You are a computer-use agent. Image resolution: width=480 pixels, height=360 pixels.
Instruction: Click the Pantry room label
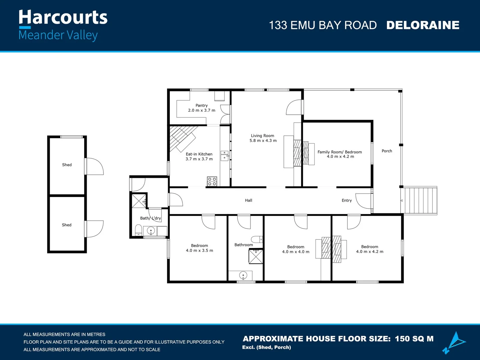tap(201, 105)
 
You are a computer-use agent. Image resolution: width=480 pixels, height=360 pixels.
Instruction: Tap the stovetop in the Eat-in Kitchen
tap(212, 181)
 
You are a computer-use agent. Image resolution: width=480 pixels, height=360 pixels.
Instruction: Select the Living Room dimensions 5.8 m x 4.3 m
tap(263, 141)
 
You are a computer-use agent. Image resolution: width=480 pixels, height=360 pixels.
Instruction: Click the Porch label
tap(387, 151)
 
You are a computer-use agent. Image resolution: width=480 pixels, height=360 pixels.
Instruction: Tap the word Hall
tap(249, 200)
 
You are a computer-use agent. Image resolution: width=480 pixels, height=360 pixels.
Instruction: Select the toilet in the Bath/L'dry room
tap(138, 230)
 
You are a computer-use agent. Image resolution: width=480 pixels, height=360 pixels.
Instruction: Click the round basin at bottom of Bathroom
tap(243, 275)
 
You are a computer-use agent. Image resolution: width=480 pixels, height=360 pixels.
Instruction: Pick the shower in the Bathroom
tap(256, 256)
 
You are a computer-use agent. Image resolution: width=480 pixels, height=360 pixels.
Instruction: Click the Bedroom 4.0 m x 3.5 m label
tap(199, 248)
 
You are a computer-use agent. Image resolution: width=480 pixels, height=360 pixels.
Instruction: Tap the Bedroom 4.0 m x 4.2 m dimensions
tap(370, 252)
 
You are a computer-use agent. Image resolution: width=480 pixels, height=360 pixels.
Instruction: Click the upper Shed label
tap(67, 165)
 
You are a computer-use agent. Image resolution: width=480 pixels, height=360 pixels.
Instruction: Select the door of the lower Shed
tap(94, 229)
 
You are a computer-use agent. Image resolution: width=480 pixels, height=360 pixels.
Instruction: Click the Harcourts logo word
tap(63, 17)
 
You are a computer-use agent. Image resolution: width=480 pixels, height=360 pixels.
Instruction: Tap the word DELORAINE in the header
tap(423, 25)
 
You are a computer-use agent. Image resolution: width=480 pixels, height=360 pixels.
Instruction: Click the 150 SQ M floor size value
tap(414, 339)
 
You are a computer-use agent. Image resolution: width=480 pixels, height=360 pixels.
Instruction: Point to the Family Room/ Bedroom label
tap(340, 152)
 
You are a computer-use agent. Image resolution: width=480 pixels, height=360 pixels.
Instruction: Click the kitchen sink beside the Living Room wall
tap(224, 156)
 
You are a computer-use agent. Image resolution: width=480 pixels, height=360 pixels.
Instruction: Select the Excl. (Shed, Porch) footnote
tap(267, 347)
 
